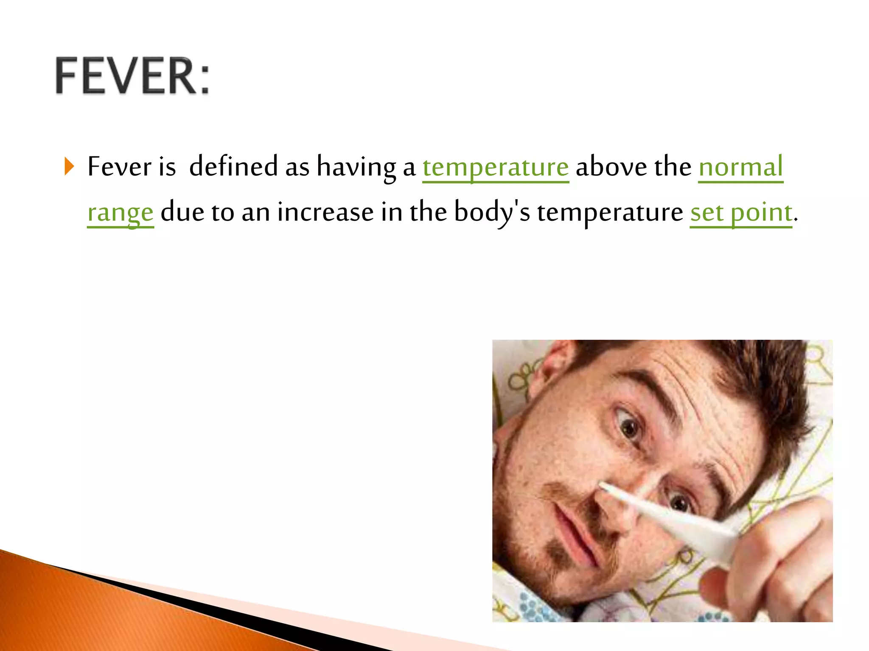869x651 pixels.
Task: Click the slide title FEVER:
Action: click(132, 76)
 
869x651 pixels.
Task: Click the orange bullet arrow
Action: click(69, 167)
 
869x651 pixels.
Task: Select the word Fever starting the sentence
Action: click(119, 167)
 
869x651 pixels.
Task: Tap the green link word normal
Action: click(740, 167)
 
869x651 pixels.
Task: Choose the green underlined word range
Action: click(120, 212)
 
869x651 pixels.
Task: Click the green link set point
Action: click(741, 212)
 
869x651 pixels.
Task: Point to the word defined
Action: click(233, 167)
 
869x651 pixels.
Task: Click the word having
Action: click(356, 167)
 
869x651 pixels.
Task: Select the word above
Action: click(611, 167)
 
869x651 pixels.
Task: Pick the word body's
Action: click(492, 212)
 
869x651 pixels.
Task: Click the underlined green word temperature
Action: click(496, 167)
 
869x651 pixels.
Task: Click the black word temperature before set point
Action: click(610, 212)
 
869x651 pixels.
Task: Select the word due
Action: click(182, 212)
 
